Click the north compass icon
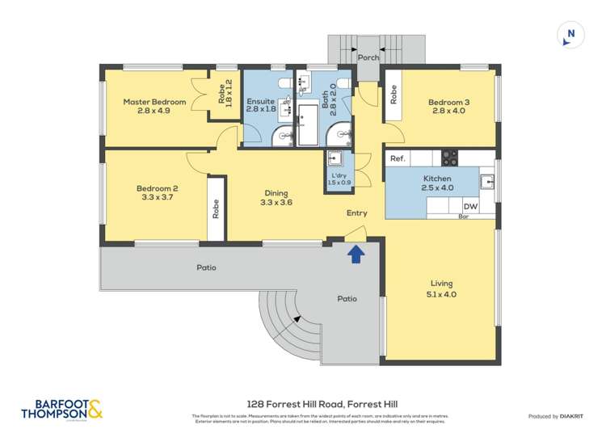570,34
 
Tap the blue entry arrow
356,255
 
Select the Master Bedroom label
154,102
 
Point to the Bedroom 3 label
448,102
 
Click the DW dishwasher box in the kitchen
469,207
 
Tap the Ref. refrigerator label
398,159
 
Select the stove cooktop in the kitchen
449,158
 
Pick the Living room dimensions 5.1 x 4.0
441,295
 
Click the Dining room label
276,192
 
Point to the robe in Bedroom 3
393,95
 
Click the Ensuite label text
260,101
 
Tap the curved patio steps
283,323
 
